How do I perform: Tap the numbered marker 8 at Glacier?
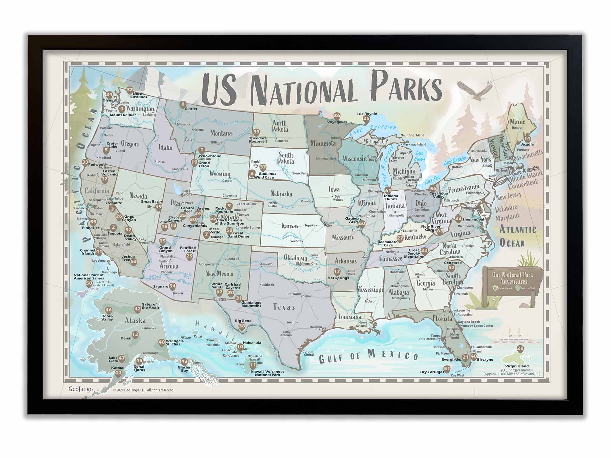[x=183, y=104]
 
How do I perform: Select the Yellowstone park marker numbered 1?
[x=201, y=150]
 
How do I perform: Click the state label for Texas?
[x=284, y=307]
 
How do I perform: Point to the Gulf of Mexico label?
[x=368, y=356]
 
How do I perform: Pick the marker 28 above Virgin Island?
[x=520, y=349]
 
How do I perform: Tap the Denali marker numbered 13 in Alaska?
[x=135, y=335]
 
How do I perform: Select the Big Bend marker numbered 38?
[x=242, y=326]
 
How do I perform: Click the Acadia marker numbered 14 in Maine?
[x=528, y=138]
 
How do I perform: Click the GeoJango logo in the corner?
[x=80, y=389]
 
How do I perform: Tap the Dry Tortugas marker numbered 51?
[x=447, y=369]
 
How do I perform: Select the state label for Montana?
[x=221, y=133]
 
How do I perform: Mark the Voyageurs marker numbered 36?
[x=337, y=116]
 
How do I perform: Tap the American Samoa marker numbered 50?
[x=89, y=283]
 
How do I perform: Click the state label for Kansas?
[x=290, y=226]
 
